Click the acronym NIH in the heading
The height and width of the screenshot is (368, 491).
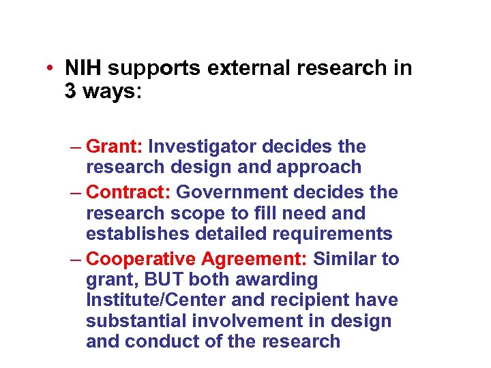click(83, 68)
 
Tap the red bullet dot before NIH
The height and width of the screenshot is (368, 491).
click(50, 69)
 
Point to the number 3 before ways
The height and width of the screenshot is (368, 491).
click(71, 91)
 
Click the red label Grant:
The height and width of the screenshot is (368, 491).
click(115, 147)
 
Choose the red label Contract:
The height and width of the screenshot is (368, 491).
click(130, 193)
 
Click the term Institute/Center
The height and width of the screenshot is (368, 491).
click(161, 301)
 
